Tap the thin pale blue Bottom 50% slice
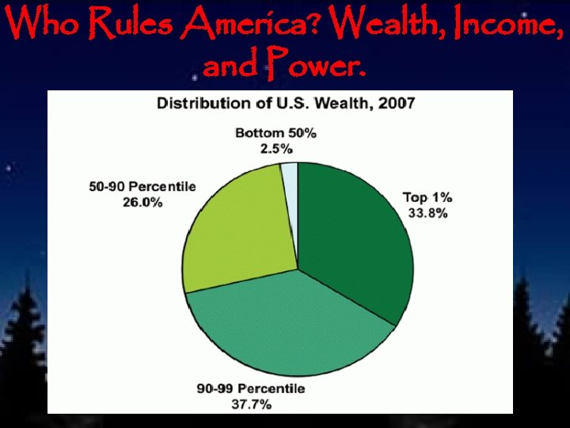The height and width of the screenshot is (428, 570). point(290,170)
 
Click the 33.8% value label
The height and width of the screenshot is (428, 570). point(427,213)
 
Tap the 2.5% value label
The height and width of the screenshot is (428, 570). point(275,148)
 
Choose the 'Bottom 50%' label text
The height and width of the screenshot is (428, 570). point(275,133)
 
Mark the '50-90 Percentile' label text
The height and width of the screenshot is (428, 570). point(142,187)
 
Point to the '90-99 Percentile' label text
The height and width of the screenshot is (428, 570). point(250,388)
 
